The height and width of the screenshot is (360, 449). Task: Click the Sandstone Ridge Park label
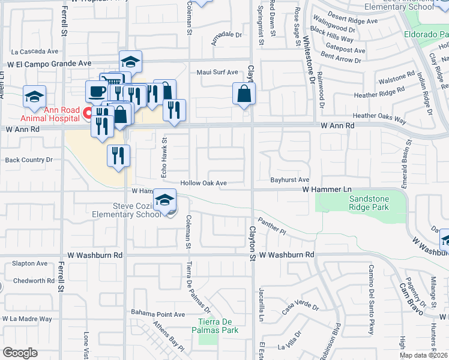click(x=369, y=203)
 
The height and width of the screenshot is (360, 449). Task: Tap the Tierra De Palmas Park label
click(x=215, y=325)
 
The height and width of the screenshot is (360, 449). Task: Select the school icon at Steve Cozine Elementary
click(x=165, y=201)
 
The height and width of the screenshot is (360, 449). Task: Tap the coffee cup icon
click(x=97, y=92)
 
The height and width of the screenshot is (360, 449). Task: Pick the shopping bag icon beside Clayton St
click(x=244, y=94)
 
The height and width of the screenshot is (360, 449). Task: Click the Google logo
click(x=20, y=353)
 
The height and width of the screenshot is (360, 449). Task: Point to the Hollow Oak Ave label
click(x=204, y=183)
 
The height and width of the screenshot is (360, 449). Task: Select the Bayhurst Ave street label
click(x=289, y=179)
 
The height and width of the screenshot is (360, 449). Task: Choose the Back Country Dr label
click(x=29, y=160)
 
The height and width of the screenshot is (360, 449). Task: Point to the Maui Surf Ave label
click(x=218, y=73)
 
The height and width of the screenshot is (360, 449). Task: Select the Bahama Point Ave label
click(x=158, y=314)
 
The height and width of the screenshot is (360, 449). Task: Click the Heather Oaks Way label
click(x=379, y=118)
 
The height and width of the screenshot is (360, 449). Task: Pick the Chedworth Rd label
click(x=34, y=280)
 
